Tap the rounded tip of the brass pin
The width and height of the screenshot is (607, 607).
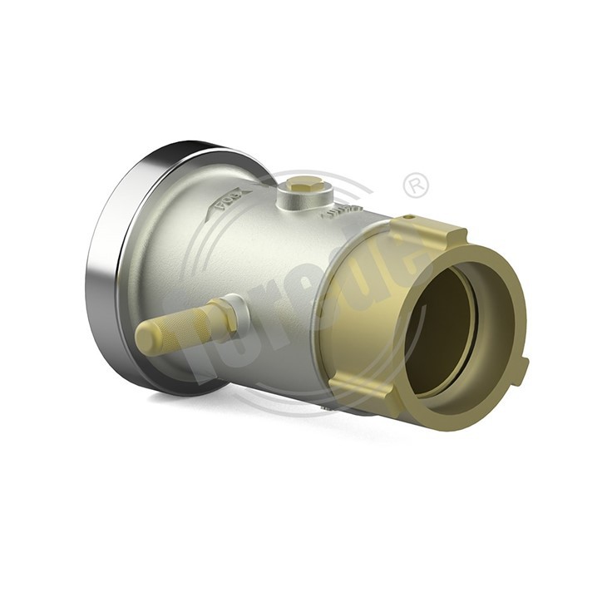[146, 339]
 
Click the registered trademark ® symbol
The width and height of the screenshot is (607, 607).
[415, 185]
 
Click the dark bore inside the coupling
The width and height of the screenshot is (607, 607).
[453, 333]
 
